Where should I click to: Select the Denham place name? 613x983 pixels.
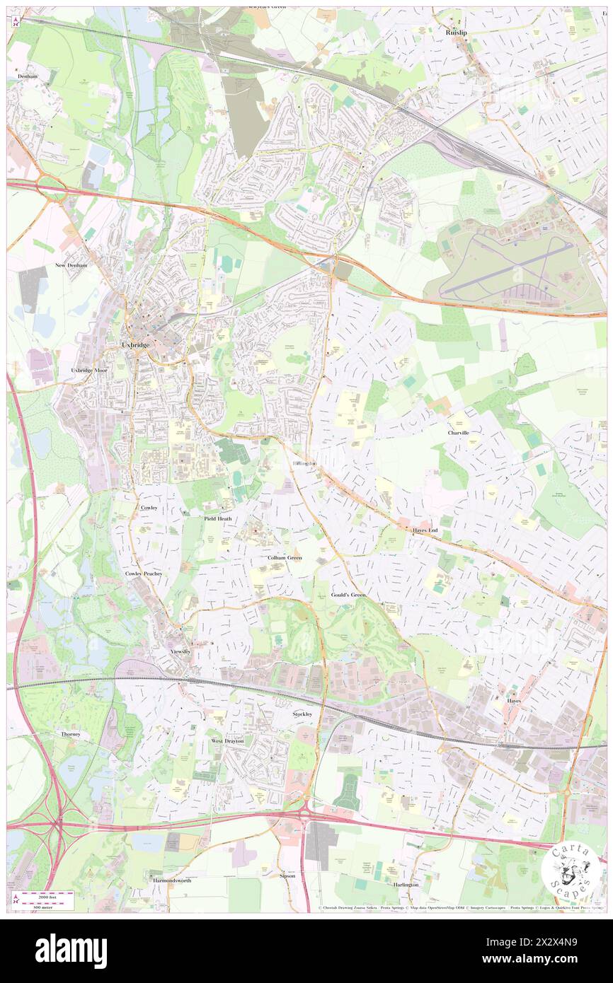tap(28, 76)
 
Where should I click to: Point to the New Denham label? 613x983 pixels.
tap(71, 265)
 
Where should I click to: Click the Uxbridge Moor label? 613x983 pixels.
tap(89, 370)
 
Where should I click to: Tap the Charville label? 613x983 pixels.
tap(458, 432)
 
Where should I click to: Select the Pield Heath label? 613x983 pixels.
tap(218, 518)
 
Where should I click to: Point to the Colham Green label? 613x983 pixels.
tap(285, 557)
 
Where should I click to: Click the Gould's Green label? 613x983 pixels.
tap(348, 595)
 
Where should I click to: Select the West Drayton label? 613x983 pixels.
tap(227, 740)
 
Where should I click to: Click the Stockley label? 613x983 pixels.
tap(302, 714)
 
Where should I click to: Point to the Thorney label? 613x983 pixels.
tap(70, 734)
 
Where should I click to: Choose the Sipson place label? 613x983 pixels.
tap(287, 876)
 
